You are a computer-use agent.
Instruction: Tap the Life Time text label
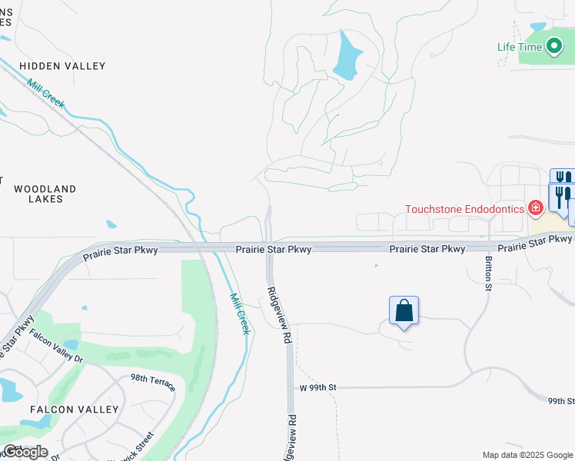pyautogui.click(x=520, y=47)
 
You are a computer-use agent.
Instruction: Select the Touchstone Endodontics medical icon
pyautogui.click(x=535, y=207)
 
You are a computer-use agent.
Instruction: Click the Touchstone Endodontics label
pyautogui.click(x=464, y=208)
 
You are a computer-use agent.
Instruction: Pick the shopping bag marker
pyautogui.click(x=404, y=311)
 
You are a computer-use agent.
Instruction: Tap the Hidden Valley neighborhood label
pyautogui.click(x=62, y=66)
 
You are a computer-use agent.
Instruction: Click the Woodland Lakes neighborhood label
pyautogui.click(x=45, y=194)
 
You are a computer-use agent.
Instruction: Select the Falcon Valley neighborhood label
pyautogui.click(x=74, y=410)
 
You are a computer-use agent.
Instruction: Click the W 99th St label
pyautogui.click(x=317, y=388)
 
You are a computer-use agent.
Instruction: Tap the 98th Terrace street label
pyautogui.click(x=153, y=383)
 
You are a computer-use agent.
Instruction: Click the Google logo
pyautogui.click(x=25, y=452)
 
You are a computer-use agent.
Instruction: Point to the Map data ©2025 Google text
pyautogui.click(x=527, y=455)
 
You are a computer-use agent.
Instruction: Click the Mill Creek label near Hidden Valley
pyautogui.click(x=45, y=95)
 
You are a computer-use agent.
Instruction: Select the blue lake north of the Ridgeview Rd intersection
pyautogui.click(x=347, y=55)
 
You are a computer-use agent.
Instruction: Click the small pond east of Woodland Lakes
pyautogui.click(x=112, y=225)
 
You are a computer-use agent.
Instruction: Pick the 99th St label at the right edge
pyautogui.click(x=562, y=401)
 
